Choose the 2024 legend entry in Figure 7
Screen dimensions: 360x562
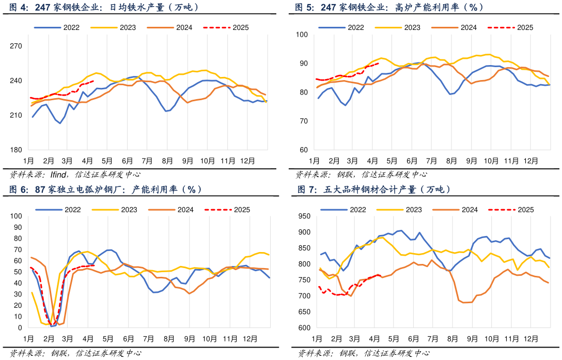click(x=470, y=210)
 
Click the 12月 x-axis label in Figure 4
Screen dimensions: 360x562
click(x=248, y=161)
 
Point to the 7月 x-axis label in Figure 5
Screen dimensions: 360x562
click(x=431, y=161)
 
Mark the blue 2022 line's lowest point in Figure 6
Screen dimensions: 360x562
click(x=51, y=326)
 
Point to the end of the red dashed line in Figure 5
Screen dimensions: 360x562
click(x=379, y=64)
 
